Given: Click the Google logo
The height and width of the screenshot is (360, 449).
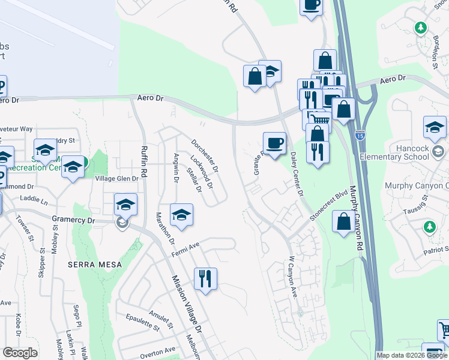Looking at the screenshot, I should [x=20, y=353].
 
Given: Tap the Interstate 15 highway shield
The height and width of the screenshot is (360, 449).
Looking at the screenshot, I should [x=360, y=135].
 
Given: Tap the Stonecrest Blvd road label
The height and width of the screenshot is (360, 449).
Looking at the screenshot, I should [x=329, y=206].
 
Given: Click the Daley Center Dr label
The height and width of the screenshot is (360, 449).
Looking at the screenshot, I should [x=297, y=173].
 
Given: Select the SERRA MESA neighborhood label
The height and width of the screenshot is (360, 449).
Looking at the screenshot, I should [x=95, y=264].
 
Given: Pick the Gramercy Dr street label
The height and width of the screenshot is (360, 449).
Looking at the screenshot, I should [x=74, y=220].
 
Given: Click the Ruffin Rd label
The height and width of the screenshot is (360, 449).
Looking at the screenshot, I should [x=143, y=161].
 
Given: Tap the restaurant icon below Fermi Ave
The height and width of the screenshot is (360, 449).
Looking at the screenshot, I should [x=205, y=278].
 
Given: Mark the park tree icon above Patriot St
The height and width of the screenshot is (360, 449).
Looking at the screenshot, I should [x=429, y=226].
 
